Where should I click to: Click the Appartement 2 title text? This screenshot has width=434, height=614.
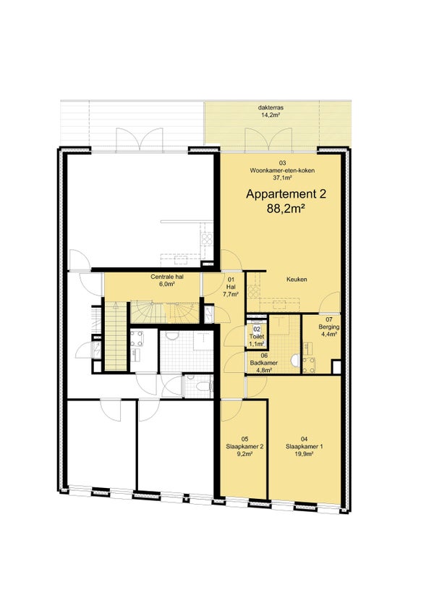(x=286, y=194)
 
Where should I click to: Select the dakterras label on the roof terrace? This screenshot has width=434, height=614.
(x=271, y=108)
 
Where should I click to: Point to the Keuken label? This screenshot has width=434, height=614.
(x=297, y=279)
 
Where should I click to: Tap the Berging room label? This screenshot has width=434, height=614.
(x=329, y=327)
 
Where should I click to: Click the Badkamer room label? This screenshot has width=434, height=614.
(x=264, y=363)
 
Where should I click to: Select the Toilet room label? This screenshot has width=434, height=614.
(x=257, y=337)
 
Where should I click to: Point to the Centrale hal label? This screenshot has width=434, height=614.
(x=167, y=277)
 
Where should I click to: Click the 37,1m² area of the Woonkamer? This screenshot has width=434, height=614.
(x=282, y=178)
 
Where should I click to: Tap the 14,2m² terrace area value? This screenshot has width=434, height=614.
(x=271, y=115)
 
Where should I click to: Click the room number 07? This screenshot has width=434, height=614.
(x=329, y=319)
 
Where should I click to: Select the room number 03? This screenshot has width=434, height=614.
(x=282, y=163)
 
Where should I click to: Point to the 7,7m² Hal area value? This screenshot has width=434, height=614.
(x=231, y=294)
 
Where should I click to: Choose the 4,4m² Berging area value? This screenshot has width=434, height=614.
(x=329, y=335)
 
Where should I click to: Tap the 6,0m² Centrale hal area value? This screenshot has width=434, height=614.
(x=167, y=285)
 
